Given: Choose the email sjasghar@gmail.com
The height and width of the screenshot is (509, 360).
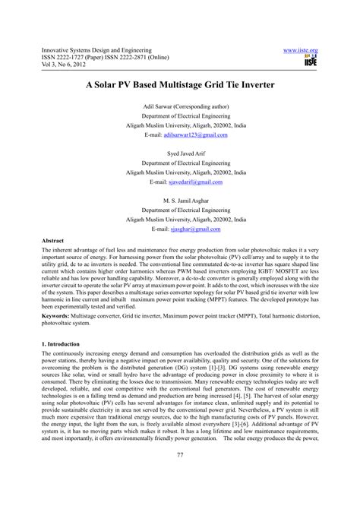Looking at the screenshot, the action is tap(195, 228).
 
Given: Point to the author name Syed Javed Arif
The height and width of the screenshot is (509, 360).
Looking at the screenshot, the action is tap(179, 153).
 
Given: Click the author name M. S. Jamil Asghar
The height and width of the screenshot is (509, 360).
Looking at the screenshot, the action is tap(179, 200).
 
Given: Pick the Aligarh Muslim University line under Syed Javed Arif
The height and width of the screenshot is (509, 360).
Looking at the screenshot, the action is tap(179, 173).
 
